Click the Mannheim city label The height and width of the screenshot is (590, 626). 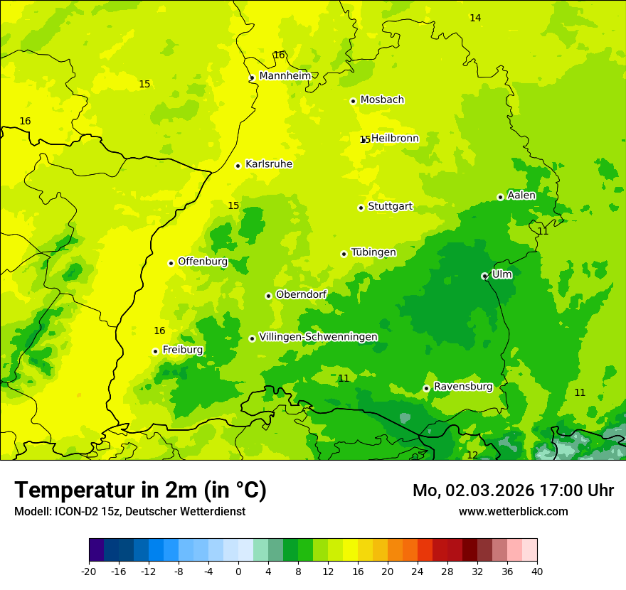pyautogui.click(x=285, y=75)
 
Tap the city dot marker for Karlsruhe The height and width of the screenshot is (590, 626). pyautogui.click(x=238, y=166)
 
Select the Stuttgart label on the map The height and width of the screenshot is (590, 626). pyautogui.click(x=390, y=206)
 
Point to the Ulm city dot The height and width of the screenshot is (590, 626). pyautogui.click(x=484, y=276)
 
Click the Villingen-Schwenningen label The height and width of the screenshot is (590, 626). pyautogui.click(x=318, y=336)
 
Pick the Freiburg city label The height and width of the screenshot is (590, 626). pyautogui.click(x=182, y=350)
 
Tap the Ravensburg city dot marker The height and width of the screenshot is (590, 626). pyautogui.click(x=426, y=388)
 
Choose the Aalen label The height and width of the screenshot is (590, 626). pyautogui.click(x=521, y=195)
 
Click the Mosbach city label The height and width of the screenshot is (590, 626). pyautogui.click(x=382, y=100)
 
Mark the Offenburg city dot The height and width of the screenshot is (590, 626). pyautogui.click(x=171, y=263)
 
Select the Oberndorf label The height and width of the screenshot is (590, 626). pyautogui.click(x=301, y=294)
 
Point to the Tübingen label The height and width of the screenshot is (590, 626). pyautogui.click(x=373, y=252)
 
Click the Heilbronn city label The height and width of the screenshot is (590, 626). pyautogui.click(x=395, y=138)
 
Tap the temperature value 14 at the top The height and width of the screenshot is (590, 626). pyautogui.click(x=475, y=18)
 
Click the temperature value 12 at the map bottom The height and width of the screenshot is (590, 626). pyautogui.click(x=472, y=455)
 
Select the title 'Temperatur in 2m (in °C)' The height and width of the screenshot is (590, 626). pyautogui.click(x=140, y=490)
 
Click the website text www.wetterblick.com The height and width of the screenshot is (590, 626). pyautogui.click(x=513, y=511)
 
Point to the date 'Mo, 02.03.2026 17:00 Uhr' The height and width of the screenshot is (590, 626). pyautogui.click(x=513, y=490)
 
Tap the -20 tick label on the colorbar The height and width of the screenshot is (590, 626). pyautogui.click(x=89, y=571)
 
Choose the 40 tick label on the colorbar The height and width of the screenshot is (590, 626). pyautogui.click(x=537, y=571)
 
